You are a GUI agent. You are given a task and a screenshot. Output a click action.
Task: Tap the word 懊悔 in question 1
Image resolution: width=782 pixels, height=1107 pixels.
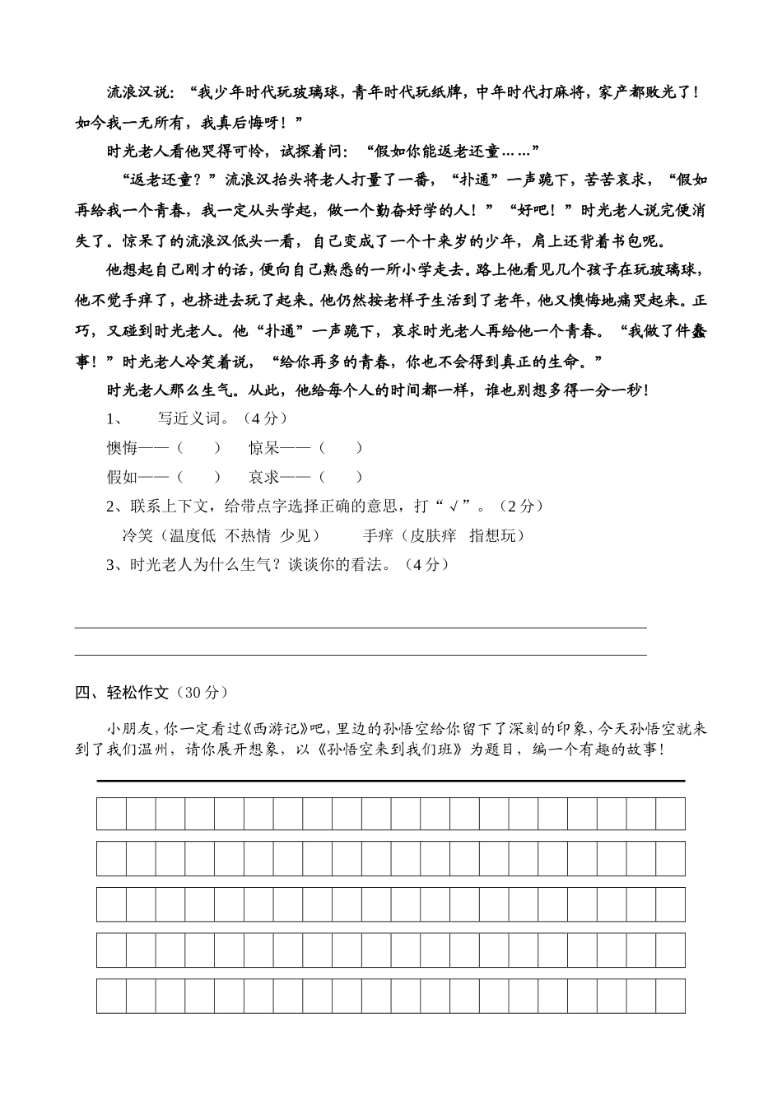coord(122,448)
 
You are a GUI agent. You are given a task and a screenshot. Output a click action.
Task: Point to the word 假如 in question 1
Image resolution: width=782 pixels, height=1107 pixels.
coord(122,477)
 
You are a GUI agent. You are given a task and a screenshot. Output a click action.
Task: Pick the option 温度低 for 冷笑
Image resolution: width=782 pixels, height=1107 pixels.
coord(193,535)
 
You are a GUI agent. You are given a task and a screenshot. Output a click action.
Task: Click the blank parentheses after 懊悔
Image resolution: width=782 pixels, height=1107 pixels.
coord(199,448)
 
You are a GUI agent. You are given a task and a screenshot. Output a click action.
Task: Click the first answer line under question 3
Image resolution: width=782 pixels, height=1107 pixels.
coord(361,628)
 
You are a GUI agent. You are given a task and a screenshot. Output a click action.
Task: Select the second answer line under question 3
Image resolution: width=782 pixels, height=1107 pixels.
coord(361,656)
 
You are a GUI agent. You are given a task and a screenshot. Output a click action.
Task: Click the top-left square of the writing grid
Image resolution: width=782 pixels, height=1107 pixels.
coord(111,814)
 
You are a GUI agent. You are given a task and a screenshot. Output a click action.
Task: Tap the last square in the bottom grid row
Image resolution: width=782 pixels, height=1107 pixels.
coord(670,996)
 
